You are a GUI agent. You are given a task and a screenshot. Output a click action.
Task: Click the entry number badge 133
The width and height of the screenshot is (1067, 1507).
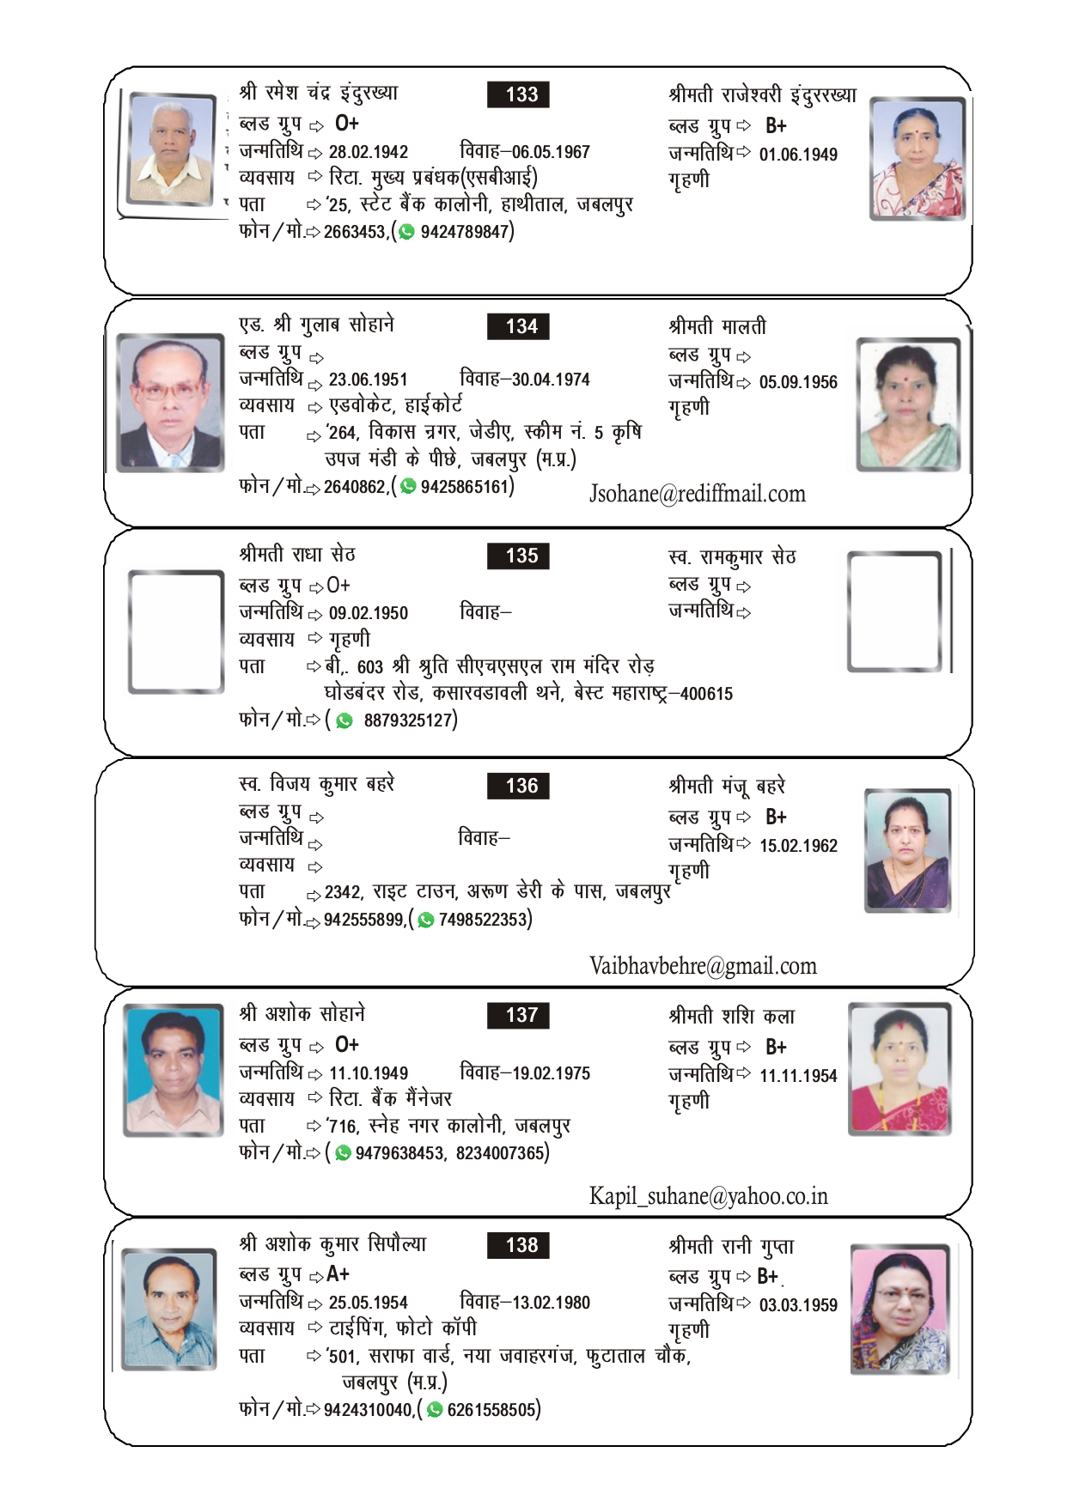(x=518, y=94)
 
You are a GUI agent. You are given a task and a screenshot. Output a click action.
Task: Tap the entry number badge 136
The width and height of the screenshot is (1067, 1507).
(x=518, y=786)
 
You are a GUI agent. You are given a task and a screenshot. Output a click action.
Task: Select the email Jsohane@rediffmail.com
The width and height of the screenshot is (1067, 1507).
(x=697, y=494)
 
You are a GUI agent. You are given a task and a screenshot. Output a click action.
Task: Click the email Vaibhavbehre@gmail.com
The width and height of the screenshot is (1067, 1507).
(x=703, y=966)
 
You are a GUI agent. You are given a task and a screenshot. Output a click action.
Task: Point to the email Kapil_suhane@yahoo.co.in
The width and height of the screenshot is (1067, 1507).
(x=708, y=1196)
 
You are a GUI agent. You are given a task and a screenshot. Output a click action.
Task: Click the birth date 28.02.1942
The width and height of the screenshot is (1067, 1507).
(x=369, y=152)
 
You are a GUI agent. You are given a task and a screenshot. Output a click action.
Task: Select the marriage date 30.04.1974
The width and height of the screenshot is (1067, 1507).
(x=551, y=380)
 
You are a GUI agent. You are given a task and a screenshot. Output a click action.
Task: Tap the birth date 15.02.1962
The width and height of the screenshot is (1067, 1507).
(x=798, y=846)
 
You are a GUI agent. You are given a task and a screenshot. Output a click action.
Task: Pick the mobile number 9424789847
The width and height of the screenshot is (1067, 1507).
(x=465, y=232)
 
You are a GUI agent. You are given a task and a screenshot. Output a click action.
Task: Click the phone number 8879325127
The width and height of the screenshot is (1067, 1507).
(x=408, y=720)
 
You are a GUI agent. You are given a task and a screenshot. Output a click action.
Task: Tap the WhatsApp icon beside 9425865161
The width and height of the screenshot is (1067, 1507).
(x=409, y=487)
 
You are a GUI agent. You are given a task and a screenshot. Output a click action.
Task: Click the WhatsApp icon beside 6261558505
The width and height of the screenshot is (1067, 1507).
(x=436, y=1410)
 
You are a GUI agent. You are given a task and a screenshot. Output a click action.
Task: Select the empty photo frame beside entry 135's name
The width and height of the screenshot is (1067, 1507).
(x=176, y=632)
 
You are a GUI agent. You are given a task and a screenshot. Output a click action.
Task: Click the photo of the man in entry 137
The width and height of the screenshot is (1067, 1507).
(x=174, y=1070)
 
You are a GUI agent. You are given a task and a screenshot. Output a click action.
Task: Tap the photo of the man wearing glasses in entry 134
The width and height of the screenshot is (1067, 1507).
(x=170, y=402)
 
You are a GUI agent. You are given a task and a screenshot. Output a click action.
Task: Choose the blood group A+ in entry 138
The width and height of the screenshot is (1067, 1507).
(x=338, y=1274)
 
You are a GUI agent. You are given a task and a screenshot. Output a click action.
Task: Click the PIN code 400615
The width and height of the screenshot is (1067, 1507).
(x=706, y=694)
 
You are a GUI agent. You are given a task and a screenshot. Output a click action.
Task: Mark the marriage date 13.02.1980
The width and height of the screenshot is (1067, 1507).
(x=551, y=1303)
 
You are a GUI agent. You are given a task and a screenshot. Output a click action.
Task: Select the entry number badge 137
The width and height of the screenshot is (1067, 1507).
(x=518, y=1015)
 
